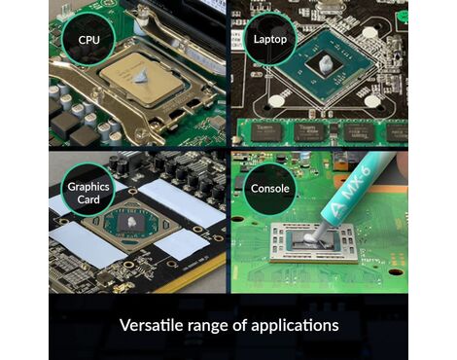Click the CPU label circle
(x=88, y=40)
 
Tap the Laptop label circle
(x=269, y=39)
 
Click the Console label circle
(x=269, y=189)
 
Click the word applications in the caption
(x=295, y=325)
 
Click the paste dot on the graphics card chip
(x=131, y=222)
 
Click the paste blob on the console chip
(x=308, y=239)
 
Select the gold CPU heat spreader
(x=142, y=78)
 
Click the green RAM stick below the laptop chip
(x=323, y=131)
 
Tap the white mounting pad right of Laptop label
(x=368, y=33)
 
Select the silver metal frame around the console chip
(x=313, y=243)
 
